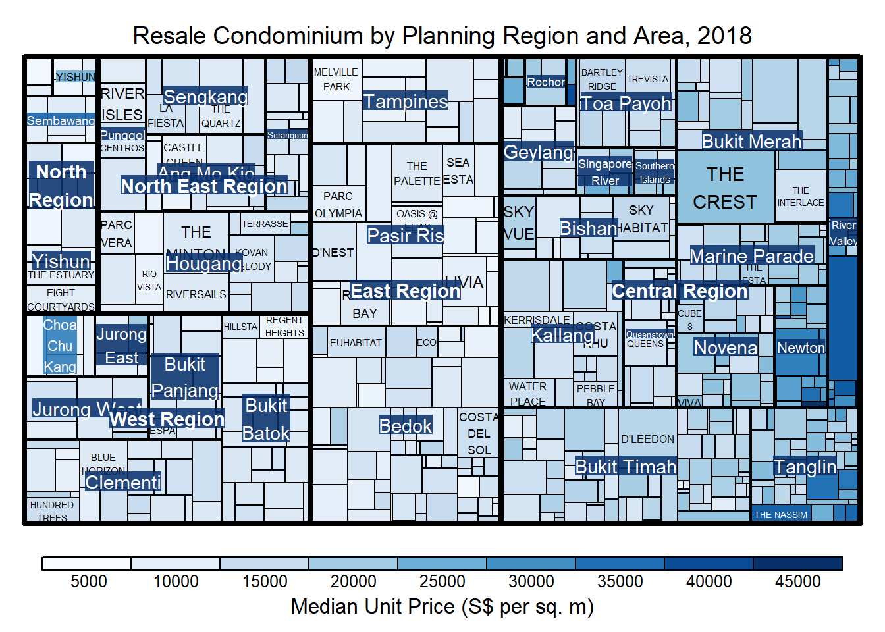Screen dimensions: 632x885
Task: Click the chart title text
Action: point(442,36)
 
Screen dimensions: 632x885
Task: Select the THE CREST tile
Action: point(725,188)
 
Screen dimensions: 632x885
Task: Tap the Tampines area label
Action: point(406,101)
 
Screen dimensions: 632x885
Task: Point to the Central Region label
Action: point(680,291)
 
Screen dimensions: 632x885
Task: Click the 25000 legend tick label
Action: point(442,581)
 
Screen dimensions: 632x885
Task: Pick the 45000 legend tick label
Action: point(797,581)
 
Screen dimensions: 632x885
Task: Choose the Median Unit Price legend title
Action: point(442,606)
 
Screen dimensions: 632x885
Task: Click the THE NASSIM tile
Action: point(780,514)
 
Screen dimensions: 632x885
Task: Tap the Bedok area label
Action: point(406,426)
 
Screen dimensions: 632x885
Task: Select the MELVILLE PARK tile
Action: point(336,80)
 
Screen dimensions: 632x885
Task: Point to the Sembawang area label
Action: point(61,120)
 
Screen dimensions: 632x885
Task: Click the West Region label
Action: point(167,419)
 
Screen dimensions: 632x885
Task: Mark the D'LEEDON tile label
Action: point(647,439)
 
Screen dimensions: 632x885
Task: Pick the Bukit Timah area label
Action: point(626,467)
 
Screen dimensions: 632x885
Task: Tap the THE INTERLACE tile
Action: point(800,196)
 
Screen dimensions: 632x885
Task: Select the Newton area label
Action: point(801,348)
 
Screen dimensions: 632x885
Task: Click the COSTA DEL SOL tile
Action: point(479,434)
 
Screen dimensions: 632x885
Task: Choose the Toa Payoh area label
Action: point(626,103)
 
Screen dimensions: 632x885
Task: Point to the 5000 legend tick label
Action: point(89,581)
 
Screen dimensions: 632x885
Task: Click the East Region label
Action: point(405,291)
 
